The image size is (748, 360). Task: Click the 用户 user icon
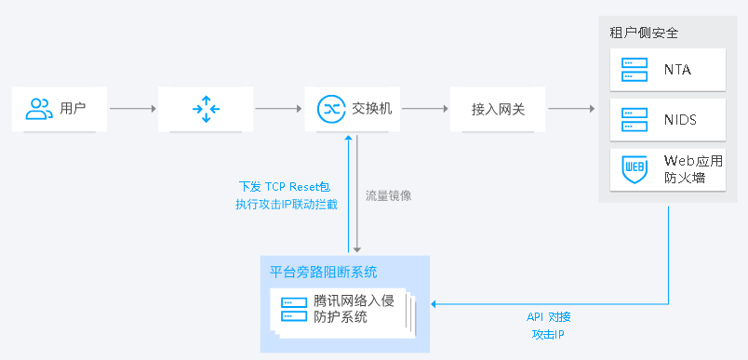tap(39, 109)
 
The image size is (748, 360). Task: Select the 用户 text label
tap(73, 109)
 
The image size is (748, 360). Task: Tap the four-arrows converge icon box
tap(206, 109)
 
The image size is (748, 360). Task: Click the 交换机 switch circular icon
tap(330, 109)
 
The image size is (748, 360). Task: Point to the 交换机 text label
tap(370, 109)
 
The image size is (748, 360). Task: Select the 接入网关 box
tap(498, 109)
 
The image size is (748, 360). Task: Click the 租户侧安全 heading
tap(644, 33)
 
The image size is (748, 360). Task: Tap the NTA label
tap(677, 70)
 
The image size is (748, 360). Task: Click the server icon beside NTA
tap(634, 70)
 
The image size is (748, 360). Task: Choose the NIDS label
tap(680, 120)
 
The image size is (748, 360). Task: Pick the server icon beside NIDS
tap(634, 120)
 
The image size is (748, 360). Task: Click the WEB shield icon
tap(634, 169)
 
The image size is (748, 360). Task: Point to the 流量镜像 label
tap(388, 196)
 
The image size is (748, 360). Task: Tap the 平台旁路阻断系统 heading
tap(324, 273)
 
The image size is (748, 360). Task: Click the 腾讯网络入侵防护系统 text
tap(354, 309)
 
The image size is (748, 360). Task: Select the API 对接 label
tap(549, 316)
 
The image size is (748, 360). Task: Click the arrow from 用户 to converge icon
tap(132, 109)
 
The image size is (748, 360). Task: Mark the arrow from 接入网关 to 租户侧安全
tap(571, 109)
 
